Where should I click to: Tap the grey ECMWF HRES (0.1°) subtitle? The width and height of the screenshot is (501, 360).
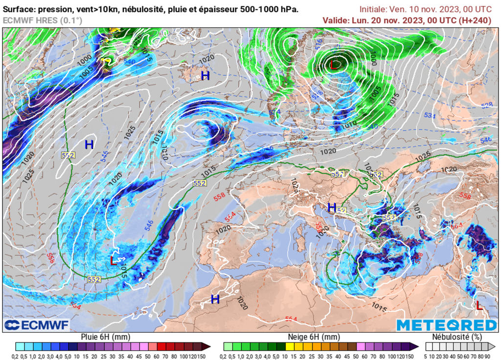click(43, 21)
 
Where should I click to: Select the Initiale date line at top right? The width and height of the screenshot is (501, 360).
click(425, 9)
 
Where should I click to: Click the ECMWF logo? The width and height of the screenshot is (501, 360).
click(37, 325)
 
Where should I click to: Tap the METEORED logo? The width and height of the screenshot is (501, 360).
click(446, 325)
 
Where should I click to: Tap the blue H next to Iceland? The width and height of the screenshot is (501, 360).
click(205, 76)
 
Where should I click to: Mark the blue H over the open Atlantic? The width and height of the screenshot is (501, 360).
click(89, 144)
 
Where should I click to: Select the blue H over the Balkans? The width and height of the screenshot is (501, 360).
click(332, 207)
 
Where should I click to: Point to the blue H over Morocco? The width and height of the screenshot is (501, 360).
click(215, 299)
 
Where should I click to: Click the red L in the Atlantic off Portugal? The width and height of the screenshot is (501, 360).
click(114, 261)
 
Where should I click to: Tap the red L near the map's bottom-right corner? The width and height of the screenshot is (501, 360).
click(479, 306)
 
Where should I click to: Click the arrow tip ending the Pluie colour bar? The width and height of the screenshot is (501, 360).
click(209, 346)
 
